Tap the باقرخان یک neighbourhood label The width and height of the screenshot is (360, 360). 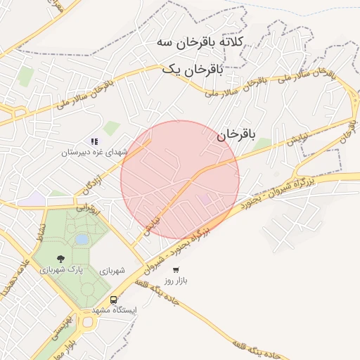193,70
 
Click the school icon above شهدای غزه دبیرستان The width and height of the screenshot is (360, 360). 94,141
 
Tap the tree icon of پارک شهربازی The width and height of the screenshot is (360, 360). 59,259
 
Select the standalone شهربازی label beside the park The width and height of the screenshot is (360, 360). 112,271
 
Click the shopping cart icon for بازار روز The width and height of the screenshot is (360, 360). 176,269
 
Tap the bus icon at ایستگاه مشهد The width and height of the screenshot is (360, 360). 113,300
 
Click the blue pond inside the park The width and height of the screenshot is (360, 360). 82,240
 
